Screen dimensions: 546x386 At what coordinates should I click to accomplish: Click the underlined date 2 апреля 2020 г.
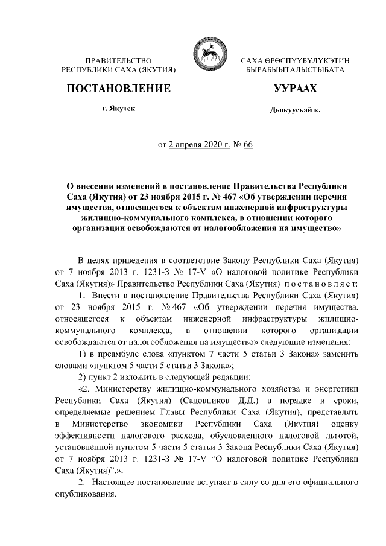(x=197, y=145)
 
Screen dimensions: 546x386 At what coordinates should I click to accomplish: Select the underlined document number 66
(x=248, y=145)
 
